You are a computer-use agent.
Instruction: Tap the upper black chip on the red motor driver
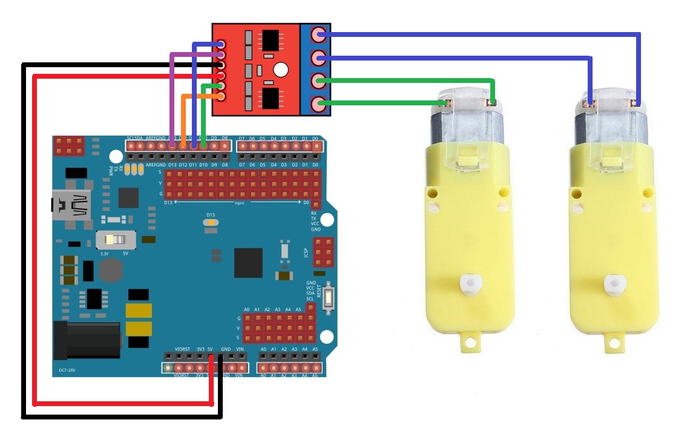point(272,41)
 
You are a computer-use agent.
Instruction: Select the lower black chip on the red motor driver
point(272,97)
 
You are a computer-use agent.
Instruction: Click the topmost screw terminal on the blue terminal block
point(318,35)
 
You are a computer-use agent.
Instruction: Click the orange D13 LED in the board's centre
point(211,223)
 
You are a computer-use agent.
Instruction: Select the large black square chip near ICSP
point(249,261)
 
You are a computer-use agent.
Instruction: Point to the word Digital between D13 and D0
point(239,203)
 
